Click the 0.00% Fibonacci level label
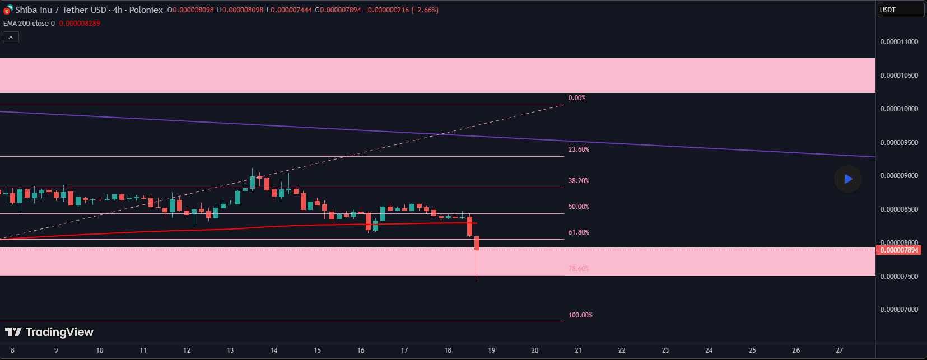[577, 98]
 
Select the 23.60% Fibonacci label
[579, 149]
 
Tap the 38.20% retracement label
[579, 181]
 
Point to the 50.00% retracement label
[579, 207]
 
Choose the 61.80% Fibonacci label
[579, 232]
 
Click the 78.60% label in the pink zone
[579, 269]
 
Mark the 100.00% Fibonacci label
[580, 315]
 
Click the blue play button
[848, 179]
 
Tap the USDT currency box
[900, 10]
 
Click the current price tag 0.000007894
[899, 250]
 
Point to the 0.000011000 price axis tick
[899, 42]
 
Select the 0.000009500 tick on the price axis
[899, 143]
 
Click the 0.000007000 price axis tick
[899, 310]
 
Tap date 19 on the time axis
[491, 350]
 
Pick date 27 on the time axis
[839, 350]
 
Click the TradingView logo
[49, 332]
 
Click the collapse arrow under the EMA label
[11, 38]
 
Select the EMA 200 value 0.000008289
[80, 24]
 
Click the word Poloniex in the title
[146, 10]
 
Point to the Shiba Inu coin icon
[8, 10]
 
